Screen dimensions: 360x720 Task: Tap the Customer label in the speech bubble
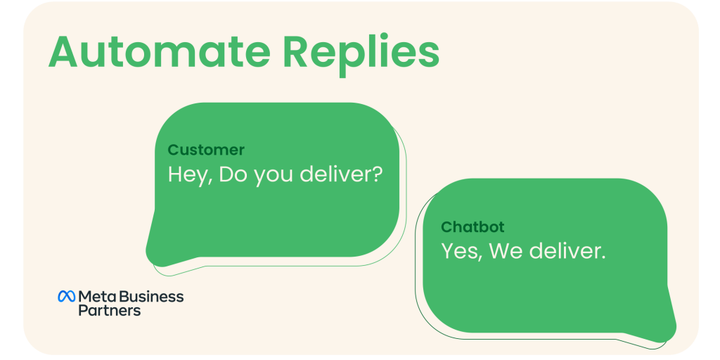pos(206,150)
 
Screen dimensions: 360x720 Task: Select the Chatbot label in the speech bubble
pos(472,227)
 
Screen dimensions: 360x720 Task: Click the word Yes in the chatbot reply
pos(461,251)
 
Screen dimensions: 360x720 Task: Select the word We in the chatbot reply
pos(506,250)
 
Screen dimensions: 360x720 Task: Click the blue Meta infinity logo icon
pos(66,297)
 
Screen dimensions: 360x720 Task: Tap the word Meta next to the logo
pos(96,296)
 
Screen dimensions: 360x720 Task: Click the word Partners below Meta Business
pos(109,310)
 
